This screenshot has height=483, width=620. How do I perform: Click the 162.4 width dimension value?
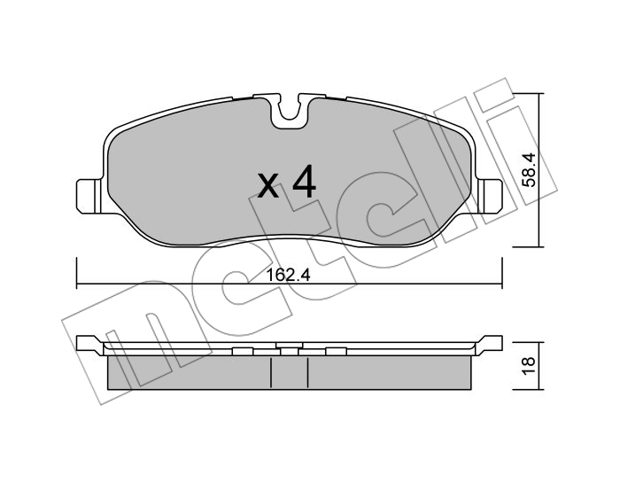coord(288,275)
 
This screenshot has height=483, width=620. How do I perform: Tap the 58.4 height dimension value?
coord(528,169)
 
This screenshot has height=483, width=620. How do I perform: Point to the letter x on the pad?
coord(268,185)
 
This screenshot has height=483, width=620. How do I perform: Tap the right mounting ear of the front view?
coord(490,196)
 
